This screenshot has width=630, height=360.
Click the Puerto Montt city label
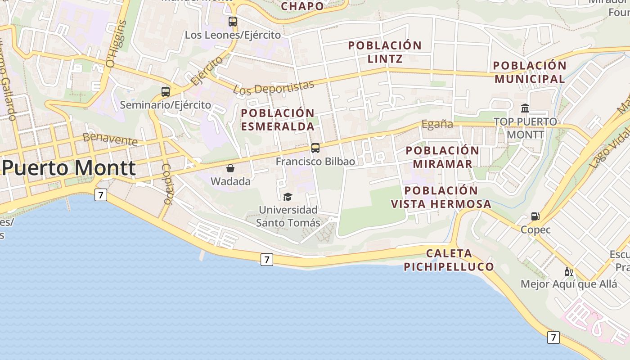pos(68,168)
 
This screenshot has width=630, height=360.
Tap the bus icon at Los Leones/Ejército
pos(233,21)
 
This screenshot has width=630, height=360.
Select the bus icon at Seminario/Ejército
pos(166,92)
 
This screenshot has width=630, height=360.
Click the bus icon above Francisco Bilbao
pos(315,148)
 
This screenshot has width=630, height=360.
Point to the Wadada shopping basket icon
pos(230,168)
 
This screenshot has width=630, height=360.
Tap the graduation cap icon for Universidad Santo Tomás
pos(288,197)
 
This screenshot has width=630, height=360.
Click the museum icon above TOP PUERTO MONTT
pos(525,108)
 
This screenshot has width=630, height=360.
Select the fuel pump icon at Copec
pos(535,216)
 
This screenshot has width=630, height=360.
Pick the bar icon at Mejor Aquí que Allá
pos(569,271)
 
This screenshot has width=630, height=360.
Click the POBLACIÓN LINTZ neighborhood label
pos(385,52)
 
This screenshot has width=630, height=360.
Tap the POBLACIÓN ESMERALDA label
pos(278,120)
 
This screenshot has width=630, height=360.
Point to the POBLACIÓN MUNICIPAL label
pos(530,72)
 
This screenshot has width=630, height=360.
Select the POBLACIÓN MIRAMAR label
pos(442,157)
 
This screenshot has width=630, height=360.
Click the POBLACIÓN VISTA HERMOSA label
pos(441,197)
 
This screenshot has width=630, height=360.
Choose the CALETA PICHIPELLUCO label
pos(449,260)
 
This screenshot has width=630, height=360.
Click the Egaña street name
pos(437,124)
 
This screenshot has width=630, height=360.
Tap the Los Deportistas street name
pos(274,87)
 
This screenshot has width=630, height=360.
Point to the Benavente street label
pos(110,139)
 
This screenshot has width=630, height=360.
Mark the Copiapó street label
pos(167,183)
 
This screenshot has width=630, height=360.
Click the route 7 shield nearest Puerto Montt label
pos(101,195)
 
